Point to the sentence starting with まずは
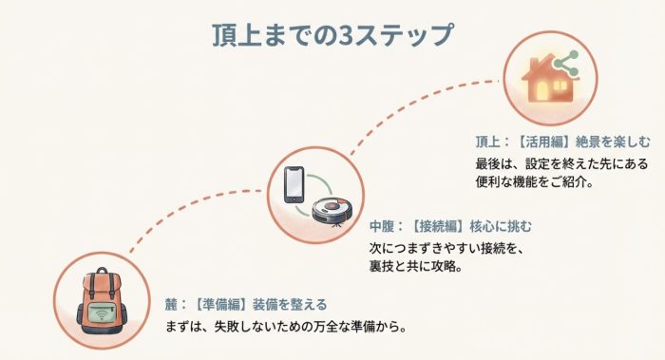click(x=286, y=329)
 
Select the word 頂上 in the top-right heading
click(x=487, y=140)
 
